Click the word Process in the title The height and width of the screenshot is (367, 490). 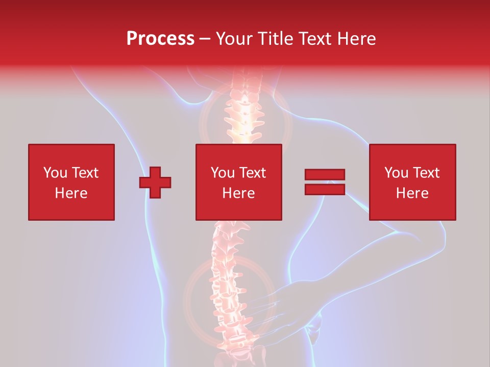(x=160, y=39)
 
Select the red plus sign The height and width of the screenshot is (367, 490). (x=155, y=182)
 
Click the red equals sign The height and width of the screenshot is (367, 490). (x=325, y=182)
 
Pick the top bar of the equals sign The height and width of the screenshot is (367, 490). (x=325, y=175)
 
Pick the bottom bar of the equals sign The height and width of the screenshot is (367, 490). (x=325, y=190)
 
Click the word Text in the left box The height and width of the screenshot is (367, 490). (x=85, y=173)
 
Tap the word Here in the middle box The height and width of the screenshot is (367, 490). (x=238, y=193)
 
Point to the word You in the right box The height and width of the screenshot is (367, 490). (x=396, y=173)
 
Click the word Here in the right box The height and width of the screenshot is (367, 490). (x=412, y=193)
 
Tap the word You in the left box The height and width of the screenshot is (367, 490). (x=55, y=173)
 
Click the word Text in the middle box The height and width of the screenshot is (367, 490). (x=252, y=173)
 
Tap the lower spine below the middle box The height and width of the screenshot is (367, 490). (x=225, y=285)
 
